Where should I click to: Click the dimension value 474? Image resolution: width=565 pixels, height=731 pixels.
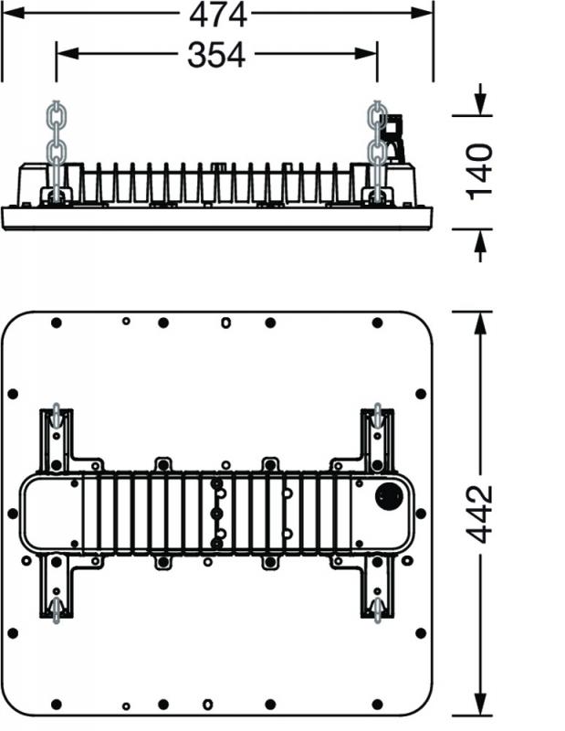[x=217, y=15]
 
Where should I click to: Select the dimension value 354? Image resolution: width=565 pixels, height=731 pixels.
[x=216, y=55]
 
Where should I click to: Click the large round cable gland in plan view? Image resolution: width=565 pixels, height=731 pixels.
[x=390, y=498]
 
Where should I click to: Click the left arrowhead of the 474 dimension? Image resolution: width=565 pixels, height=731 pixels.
[x=9, y=15]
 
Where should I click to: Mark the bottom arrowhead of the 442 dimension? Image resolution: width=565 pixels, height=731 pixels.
[x=480, y=708]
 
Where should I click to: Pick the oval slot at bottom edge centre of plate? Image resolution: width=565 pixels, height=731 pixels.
[x=208, y=704]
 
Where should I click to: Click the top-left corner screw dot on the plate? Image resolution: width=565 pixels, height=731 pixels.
[x=56, y=323]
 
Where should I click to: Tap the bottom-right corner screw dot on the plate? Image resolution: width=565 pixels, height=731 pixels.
[x=377, y=704]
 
